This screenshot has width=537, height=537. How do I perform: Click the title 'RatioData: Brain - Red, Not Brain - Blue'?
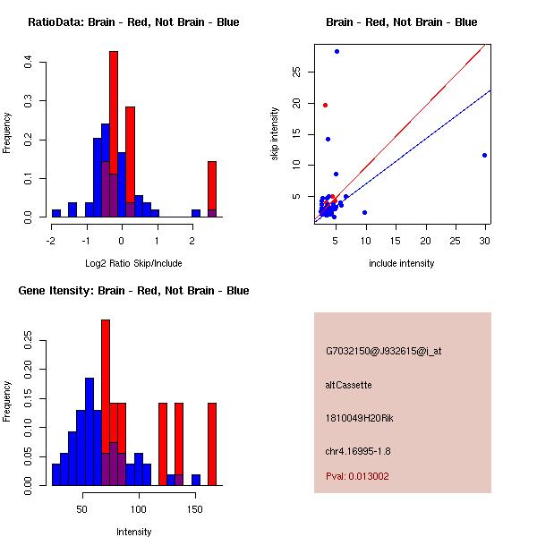click(x=133, y=22)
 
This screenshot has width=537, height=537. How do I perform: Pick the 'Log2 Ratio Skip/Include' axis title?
click(x=133, y=263)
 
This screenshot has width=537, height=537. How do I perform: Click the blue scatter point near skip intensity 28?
click(x=337, y=51)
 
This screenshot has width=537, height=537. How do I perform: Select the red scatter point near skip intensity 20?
click(x=325, y=105)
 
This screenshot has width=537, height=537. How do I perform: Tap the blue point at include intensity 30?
click(x=484, y=155)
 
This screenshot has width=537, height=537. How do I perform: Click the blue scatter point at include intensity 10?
click(x=364, y=212)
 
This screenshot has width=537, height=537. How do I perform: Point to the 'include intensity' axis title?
click(x=401, y=263)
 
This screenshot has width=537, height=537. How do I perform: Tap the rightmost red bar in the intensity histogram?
click(x=212, y=443)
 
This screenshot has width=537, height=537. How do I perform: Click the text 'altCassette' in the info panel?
click(x=348, y=385)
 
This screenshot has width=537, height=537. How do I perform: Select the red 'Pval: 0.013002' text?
click(x=357, y=476)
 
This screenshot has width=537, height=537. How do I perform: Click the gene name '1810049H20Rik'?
click(x=357, y=418)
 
